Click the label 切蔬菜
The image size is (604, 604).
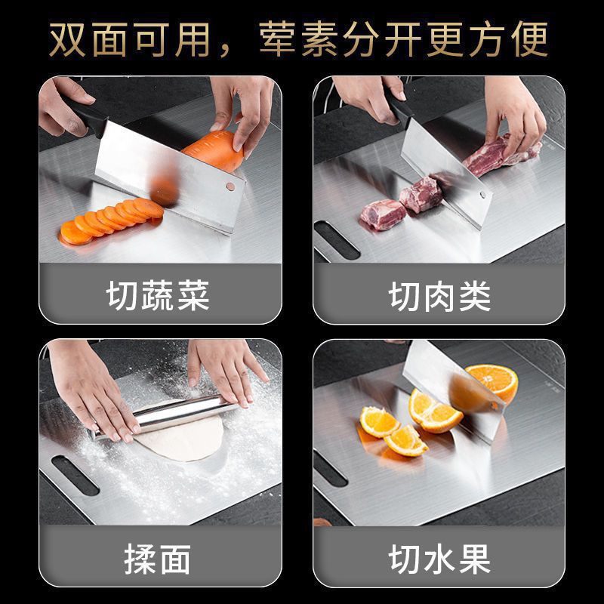tap(158, 296)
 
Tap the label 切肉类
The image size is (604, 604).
tap(439, 296)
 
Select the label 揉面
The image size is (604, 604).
tap(158, 560)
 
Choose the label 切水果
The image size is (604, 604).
tap(439, 560)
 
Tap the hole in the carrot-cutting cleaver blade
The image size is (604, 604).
tap(230, 186)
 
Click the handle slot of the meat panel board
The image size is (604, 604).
tap(336, 240)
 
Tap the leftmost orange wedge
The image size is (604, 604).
tap(377, 421)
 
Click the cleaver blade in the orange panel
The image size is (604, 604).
tap(453, 385)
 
